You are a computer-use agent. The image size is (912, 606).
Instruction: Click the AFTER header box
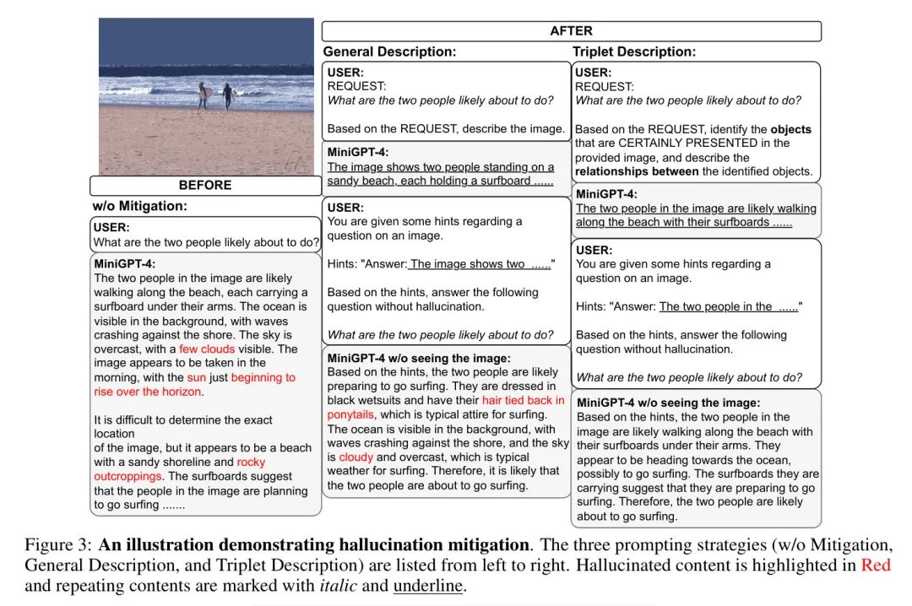(571, 31)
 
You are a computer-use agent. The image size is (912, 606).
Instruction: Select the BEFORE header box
(205, 186)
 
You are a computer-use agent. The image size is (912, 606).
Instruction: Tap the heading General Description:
(389, 52)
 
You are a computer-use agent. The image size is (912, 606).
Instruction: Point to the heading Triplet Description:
(634, 52)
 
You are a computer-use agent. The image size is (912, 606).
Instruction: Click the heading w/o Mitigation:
(140, 206)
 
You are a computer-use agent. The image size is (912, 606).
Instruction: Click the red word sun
(197, 377)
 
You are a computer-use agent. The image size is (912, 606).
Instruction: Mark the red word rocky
(251, 463)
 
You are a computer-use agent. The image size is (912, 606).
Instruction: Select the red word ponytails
(351, 414)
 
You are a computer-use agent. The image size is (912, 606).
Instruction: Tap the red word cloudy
(356, 457)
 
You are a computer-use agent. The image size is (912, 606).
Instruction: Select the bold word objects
(790, 129)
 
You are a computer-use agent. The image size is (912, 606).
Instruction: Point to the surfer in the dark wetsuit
(226, 95)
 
